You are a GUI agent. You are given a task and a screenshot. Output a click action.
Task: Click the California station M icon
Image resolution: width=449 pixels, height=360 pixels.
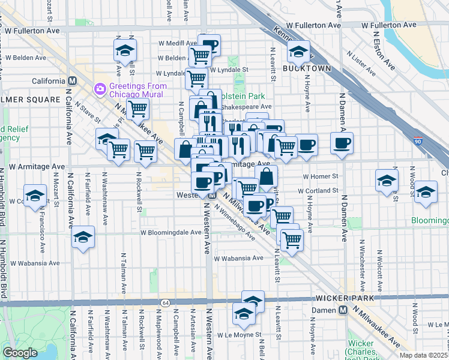[x=72, y=81]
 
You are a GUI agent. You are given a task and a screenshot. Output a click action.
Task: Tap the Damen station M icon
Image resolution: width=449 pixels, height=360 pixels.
[x=343, y=310]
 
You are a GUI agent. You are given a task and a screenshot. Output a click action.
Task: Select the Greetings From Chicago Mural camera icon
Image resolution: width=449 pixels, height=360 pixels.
[x=100, y=89]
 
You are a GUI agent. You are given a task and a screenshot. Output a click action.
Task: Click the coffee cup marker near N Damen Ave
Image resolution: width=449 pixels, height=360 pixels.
[x=342, y=143]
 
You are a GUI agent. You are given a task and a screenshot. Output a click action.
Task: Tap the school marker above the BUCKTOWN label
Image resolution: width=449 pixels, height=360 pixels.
[x=298, y=52]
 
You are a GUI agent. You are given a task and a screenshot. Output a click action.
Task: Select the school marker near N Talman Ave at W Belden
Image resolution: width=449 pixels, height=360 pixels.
[x=125, y=50]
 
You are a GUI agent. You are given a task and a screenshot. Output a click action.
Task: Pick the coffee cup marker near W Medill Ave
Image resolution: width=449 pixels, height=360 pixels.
[x=209, y=45]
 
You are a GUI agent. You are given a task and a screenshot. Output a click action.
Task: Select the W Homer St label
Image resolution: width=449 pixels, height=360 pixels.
[x=321, y=177]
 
